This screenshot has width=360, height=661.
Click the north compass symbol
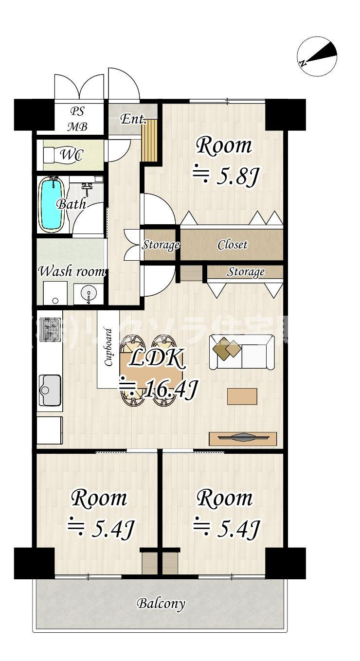coord(318,56)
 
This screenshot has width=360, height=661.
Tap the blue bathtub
coord(51,204)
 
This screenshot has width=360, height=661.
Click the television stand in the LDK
coord(243,438)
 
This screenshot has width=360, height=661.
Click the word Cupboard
coord(108,347)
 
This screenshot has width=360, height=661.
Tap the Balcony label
coord(161,604)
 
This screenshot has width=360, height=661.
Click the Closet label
coord(233,245)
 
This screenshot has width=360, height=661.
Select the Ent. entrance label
coord(133,119)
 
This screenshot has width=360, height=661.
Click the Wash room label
coord(72,271)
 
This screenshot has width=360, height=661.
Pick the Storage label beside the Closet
coord(161,245)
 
